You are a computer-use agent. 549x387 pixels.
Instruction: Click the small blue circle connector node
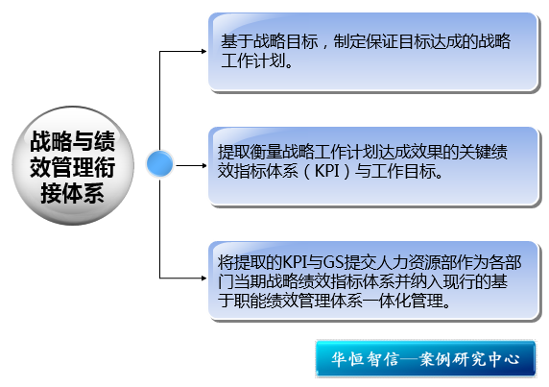pyautogui.click(x=159, y=163)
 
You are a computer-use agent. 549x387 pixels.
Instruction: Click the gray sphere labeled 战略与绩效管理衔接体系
pyautogui.click(x=73, y=165)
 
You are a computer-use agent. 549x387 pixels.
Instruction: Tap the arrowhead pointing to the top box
pyautogui.click(x=203, y=52)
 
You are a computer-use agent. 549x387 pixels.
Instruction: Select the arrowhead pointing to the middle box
pyautogui.click(x=203, y=165)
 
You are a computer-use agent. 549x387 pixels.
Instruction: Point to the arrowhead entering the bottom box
pyautogui.click(x=203, y=278)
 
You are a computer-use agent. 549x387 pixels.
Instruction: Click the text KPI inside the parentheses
pyautogui.click(x=327, y=171)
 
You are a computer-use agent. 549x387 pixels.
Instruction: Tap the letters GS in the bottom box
pyautogui.click(x=333, y=262)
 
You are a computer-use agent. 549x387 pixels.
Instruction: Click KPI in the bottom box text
pyautogui.click(x=295, y=262)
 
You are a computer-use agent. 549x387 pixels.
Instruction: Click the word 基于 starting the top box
pyautogui.click(x=237, y=41)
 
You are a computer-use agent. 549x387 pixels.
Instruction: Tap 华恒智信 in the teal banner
pyautogui.click(x=365, y=359)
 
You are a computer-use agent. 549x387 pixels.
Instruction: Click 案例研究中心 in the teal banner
pyautogui.click(x=469, y=359)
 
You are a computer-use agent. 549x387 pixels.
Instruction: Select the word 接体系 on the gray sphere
pyautogui.click(x=73, y=193)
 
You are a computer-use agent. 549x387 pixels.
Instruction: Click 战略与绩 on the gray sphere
pyautogui.click(x=73, y=141)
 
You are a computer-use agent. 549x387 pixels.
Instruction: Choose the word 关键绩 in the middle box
pyautogui.click(x=483, y=152)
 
